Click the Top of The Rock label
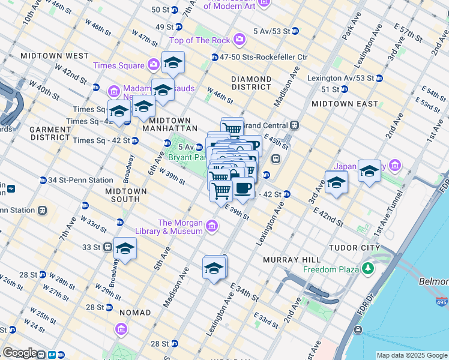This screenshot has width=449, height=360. point(200,40)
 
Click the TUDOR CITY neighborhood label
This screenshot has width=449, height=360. point(354,247)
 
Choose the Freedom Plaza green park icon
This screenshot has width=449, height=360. point(366,270)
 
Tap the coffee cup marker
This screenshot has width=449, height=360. point(243,188)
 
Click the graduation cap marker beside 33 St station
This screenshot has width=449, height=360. point(125,248)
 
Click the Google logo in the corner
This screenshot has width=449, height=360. point(19,353)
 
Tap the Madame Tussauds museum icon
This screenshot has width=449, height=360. point(113,91)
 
